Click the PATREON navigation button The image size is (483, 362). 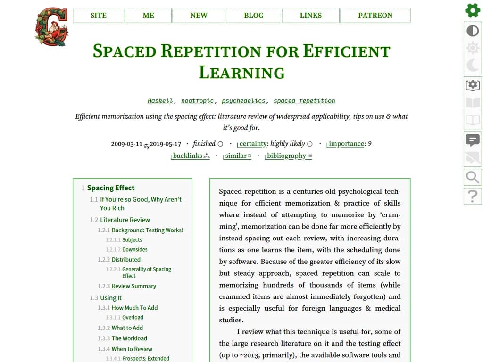tap(375, 16)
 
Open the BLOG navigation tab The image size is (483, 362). tap(253, 16)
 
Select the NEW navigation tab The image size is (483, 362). tap(199, 16)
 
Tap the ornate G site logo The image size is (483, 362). tap(51, 26)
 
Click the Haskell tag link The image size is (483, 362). tap(160, 101)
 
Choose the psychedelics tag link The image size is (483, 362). tap(243, 101)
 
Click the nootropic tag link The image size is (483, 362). tap(197, 101)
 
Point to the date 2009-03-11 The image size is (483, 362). tap(126, 144)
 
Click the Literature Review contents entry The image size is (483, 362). tap(125, 220)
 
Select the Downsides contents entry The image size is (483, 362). tap(135, 249)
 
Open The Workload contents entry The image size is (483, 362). tap(129, 338)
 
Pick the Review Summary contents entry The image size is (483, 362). tap(133, 286)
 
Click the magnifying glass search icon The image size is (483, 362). tap(473, 177)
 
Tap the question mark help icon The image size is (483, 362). tap(473, 196)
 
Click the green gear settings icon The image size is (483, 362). tap(473, 10)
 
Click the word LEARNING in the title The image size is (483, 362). tap(241, 73)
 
